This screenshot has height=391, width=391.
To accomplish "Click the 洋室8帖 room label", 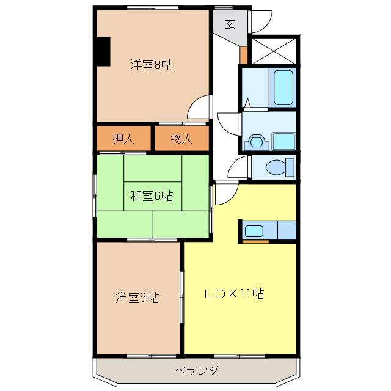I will (x=151, y=65).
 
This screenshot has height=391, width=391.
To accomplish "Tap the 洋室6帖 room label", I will (x=137, y=298).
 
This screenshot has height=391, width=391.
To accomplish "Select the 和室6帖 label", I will (x=152, y=196).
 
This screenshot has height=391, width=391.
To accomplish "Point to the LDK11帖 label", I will (x=234, y=294).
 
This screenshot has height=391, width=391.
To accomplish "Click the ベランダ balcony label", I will (x=195, y=370).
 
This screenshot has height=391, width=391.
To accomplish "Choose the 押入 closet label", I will (x=123, y=139).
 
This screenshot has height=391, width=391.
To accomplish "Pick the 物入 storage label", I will (x=181, y=139).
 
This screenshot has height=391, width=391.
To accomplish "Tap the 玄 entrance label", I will (x=230, y=24).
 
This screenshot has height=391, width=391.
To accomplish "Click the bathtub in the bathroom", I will (x=283, y=87).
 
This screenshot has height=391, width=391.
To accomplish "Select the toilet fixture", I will (x=280, y=167).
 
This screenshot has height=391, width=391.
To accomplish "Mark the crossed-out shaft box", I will (x=274, y=49).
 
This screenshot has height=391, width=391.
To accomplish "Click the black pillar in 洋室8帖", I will (x=102, y=51).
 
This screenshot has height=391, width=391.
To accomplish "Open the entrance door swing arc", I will (x=260, y=22).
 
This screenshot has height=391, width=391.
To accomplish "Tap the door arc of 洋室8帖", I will (x=199, y=108).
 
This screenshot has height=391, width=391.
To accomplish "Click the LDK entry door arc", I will (x=224, y=194).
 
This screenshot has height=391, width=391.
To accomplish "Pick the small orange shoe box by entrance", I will (x=244, y=54).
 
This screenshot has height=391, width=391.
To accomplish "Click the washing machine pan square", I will (x=284, y=141).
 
